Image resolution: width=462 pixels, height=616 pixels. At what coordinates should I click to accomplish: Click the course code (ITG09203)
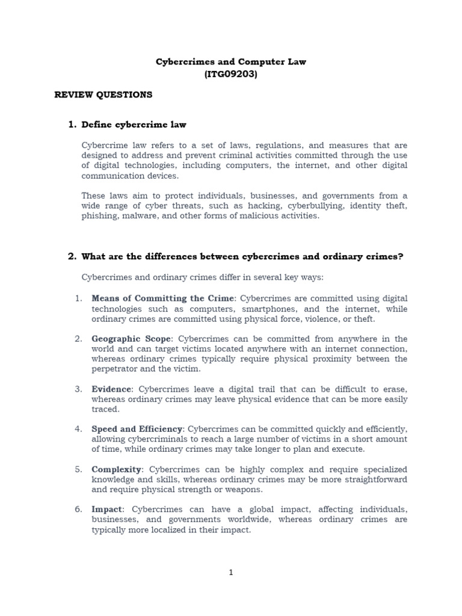(x=231, y=74)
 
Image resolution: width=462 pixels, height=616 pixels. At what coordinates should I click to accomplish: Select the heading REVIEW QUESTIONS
(x=103, y=94)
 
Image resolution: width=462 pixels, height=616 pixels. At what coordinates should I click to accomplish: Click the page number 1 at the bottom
(x=231, y=572)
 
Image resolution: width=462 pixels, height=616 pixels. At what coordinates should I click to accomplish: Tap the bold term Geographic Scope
(x=131, y=339)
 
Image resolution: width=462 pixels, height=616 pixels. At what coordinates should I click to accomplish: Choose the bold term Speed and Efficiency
(x=137, y=429)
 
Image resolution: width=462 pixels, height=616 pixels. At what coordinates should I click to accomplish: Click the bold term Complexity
(x=116, y=469)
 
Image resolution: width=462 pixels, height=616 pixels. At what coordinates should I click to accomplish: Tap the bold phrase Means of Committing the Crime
(x=162, y=298)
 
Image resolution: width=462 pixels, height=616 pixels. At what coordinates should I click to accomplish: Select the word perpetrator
(x=116, y=369)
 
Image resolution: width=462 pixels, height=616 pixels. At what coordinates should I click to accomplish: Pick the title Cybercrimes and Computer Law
(x=231, y=62)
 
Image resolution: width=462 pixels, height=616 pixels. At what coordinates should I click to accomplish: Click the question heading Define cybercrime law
(x=134, y=125)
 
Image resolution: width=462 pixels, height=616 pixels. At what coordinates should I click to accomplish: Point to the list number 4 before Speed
(x=78, y=429)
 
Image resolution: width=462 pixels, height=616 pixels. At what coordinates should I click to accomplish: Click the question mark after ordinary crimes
(x=400, y=256)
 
